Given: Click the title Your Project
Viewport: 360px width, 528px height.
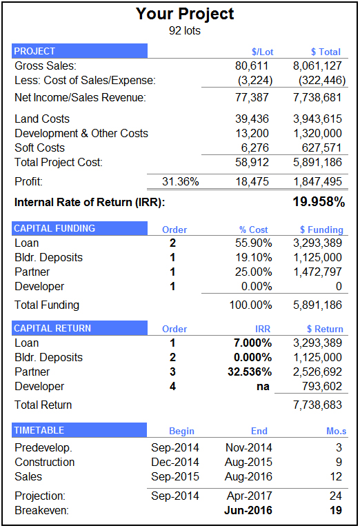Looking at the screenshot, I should [185, 14].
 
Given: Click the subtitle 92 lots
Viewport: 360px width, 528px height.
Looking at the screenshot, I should [185, 30].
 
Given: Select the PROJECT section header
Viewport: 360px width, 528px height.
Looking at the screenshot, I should [35, 51].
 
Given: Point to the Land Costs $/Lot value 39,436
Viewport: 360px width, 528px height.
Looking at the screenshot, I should [253, 119].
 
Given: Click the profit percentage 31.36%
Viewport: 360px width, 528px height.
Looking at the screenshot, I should [181, 181].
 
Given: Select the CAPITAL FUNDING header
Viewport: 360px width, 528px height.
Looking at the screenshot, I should [55, 229].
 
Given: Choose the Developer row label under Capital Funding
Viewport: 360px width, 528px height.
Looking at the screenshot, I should [39, 286].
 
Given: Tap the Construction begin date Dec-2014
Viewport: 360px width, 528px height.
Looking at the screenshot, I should [175, 462].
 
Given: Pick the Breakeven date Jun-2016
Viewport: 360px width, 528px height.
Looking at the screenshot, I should [248, 510].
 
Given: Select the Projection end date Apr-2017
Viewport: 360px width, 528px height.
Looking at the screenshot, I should [249, 496].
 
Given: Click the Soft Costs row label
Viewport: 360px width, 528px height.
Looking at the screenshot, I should [40, 148].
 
